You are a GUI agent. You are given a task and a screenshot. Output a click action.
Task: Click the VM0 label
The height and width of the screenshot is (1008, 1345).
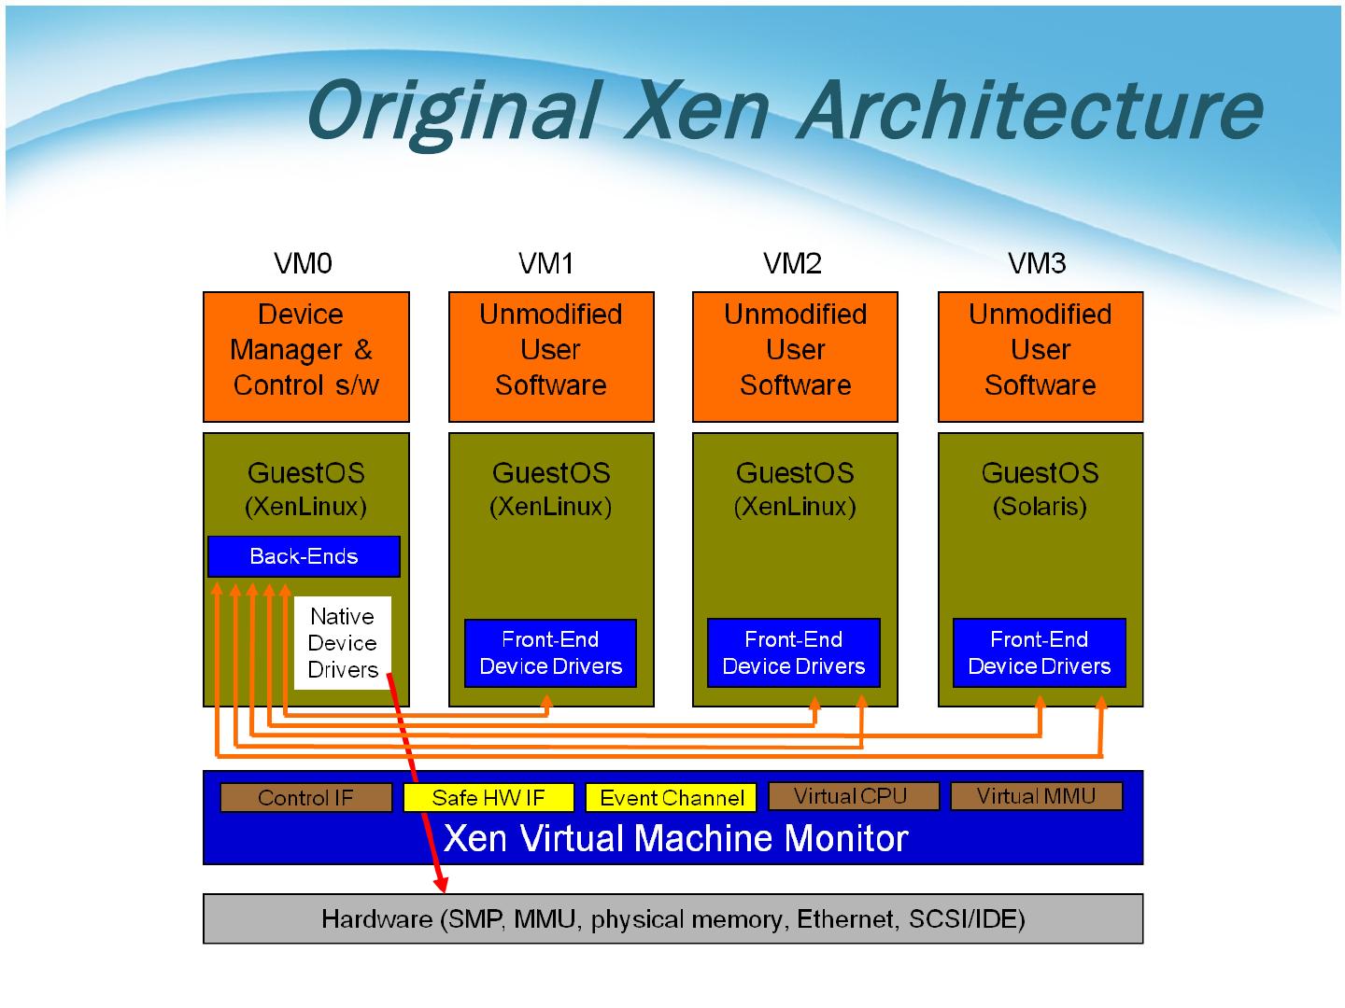point(303,263)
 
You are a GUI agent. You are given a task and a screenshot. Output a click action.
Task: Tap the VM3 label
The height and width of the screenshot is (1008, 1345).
point(1037,263)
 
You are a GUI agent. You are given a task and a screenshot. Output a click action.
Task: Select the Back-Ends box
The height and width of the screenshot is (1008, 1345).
point(304,556)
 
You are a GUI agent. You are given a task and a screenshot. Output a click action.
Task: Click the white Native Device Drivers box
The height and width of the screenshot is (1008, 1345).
point(343,643)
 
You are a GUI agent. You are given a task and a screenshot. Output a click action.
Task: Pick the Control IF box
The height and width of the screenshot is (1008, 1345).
point(305,797)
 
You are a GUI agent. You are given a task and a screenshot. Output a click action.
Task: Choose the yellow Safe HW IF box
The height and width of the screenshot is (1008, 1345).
point(488,797)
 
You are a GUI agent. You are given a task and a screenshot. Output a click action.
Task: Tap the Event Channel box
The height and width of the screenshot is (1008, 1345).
point(671,797)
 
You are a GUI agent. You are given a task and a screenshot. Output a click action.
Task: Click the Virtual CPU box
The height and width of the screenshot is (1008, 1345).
point(854,796)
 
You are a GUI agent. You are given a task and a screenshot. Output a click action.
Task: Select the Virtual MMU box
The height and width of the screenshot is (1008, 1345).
point(1036,796)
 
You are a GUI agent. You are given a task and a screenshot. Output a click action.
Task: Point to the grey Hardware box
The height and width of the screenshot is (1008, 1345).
point(672,918)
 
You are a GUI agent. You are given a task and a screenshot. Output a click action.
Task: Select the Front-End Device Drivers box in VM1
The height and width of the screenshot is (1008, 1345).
point(550,652)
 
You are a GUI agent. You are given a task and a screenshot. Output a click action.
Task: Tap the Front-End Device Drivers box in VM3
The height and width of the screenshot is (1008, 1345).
point(1040,652)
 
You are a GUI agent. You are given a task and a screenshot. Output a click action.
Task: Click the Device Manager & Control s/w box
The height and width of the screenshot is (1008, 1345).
point(305,357)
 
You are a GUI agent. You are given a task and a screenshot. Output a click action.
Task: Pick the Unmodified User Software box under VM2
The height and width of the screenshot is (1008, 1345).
point(795,357)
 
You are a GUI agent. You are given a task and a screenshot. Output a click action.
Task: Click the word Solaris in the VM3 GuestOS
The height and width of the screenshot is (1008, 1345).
point(1040,507)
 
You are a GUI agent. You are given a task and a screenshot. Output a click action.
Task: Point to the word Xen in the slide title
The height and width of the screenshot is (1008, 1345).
point(698,111)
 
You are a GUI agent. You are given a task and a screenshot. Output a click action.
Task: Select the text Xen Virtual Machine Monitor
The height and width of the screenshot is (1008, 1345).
point(675,838)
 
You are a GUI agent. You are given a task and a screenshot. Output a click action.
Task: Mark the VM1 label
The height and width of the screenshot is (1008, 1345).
point(546,263)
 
